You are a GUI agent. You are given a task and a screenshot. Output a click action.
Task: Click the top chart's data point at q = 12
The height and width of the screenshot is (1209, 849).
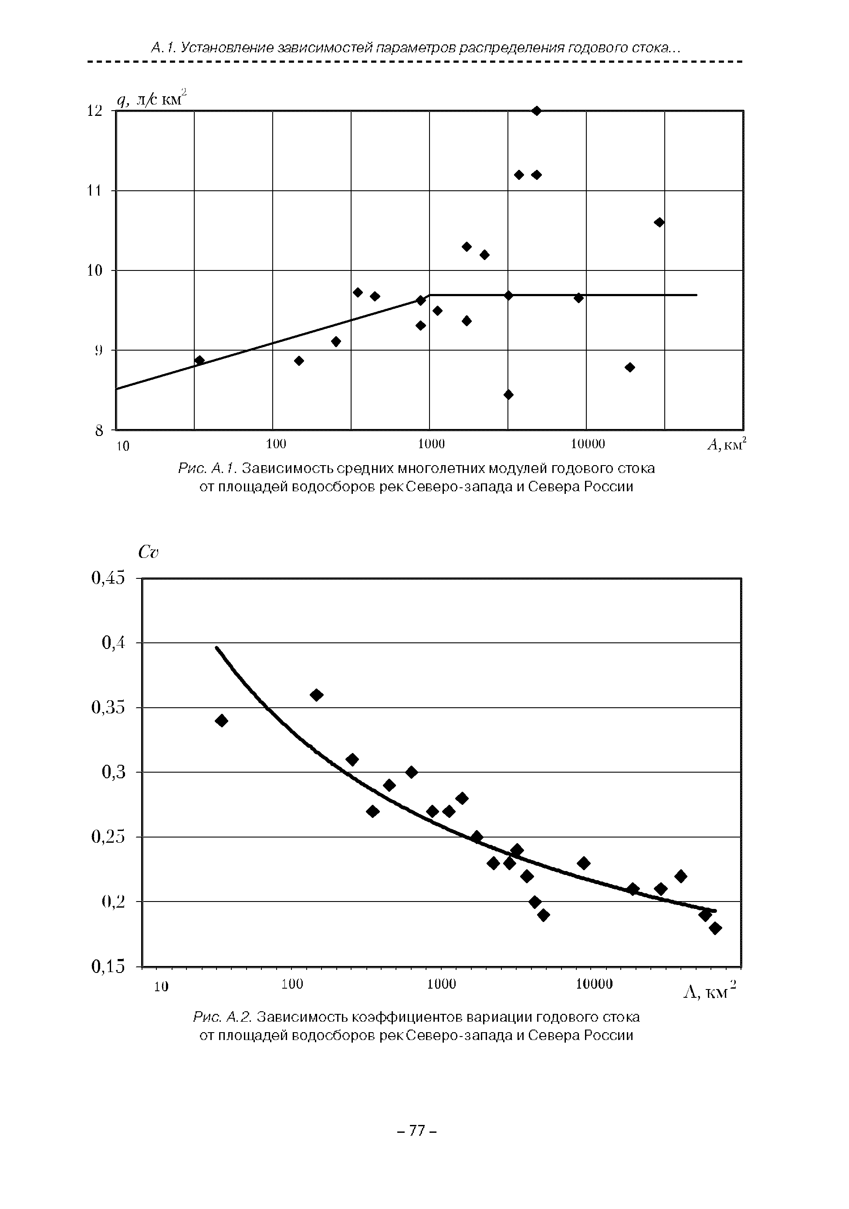point(536,111)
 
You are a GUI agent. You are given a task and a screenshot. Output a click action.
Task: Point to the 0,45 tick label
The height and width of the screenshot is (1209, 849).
point(108,578)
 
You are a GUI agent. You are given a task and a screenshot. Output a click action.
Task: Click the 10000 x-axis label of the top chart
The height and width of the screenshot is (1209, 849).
point(588,444)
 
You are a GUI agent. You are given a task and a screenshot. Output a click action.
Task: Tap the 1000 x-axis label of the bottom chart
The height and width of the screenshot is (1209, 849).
point(441,984)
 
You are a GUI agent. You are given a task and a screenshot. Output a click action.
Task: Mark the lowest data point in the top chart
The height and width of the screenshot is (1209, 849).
point(508,395)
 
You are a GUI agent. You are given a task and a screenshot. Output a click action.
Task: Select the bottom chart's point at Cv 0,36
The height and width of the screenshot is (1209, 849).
point(317,695)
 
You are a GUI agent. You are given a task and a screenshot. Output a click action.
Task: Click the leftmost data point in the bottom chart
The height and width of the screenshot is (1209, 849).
point(222,720)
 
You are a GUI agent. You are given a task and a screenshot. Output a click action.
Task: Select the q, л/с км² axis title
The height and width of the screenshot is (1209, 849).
point(152,99)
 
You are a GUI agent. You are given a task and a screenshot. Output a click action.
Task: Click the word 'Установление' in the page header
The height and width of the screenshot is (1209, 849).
point(226,48)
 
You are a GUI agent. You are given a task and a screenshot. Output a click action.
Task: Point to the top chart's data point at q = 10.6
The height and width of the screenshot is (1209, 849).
point(659,222)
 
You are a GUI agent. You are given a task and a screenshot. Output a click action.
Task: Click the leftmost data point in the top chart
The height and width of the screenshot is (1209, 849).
point(199,360)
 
